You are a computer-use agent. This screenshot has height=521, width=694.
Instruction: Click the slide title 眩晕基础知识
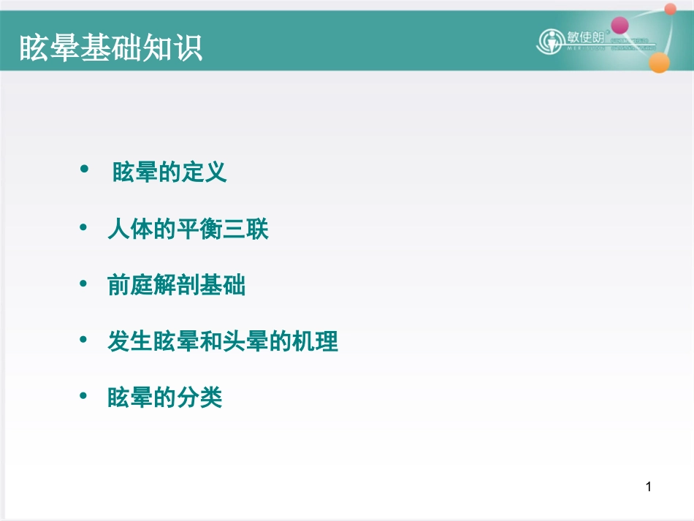coord(110,47)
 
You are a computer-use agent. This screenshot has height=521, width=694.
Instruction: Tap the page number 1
coord(648,486)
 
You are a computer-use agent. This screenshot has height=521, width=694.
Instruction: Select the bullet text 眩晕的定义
coord(169,172)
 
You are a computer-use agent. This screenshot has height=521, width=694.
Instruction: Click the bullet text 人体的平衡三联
coord(188,230)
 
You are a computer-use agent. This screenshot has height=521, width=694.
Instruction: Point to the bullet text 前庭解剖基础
coord(176,286)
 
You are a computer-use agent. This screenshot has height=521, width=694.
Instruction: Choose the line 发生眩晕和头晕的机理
coord(223,341)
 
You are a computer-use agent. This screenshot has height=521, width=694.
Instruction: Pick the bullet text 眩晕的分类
coord(164,398)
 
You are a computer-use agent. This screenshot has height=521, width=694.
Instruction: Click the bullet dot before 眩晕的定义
coord(84,170)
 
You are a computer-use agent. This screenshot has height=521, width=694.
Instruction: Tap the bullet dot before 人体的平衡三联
coord(84,228)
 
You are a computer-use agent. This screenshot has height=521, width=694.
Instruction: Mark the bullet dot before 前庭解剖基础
coord(84,284)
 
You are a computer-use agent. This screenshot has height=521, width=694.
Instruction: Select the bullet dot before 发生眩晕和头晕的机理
coord(84,339)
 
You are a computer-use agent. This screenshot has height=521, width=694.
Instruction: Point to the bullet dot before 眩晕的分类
coord(84,396)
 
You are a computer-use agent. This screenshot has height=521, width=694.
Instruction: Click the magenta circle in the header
coord(619,26)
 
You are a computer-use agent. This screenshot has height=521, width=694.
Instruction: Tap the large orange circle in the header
coord(659,63)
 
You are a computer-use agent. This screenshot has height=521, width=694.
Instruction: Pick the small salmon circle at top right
coord(670,9)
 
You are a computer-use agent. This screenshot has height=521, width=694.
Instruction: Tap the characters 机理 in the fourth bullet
coord(315,341)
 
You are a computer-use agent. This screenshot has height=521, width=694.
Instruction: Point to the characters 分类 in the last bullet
coord(199,398)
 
